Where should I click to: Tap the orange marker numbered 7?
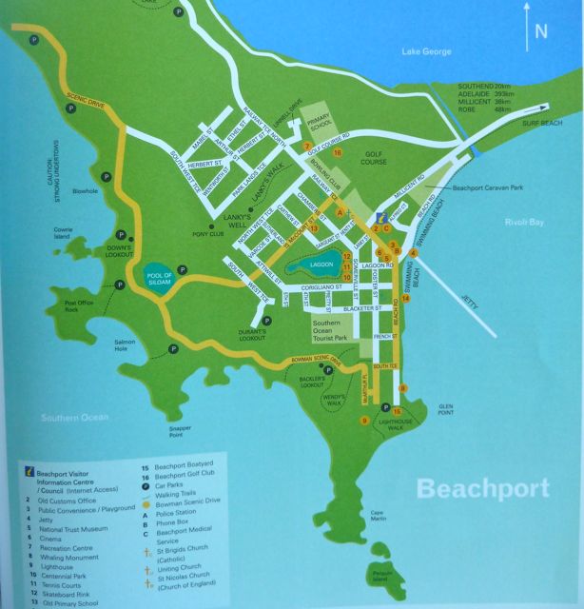pos(306,147)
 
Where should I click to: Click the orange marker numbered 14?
pos(406,299)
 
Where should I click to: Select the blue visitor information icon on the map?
pos(382,216)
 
